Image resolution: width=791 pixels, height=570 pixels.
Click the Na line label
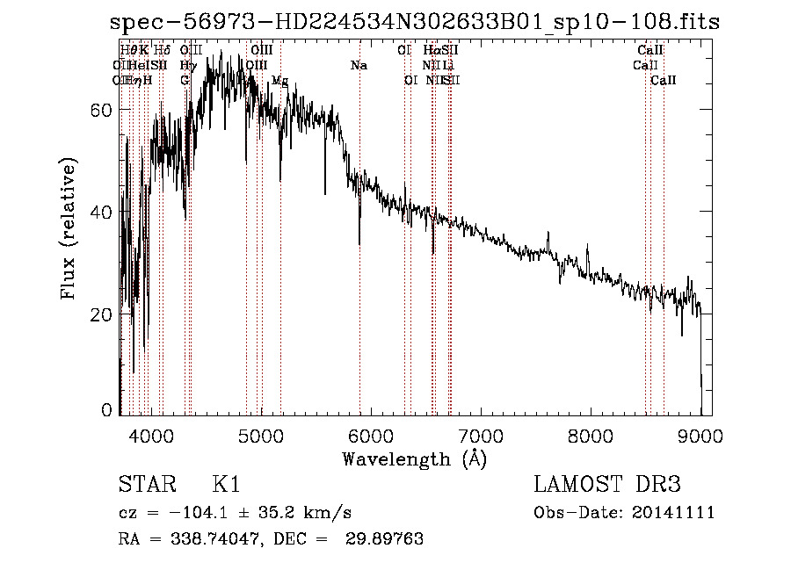click(359, 65)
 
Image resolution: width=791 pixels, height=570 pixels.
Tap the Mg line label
click(279, 80)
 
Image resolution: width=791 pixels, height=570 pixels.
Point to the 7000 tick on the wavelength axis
click(481, 434)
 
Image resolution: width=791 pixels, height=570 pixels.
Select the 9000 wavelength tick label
click(700, 434)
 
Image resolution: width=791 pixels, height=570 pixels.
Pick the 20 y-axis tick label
click(104, 314)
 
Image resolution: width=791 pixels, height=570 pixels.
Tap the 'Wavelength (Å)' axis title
click(414, 458)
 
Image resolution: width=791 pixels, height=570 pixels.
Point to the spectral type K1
click(226, 485)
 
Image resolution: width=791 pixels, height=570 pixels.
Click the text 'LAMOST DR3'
click(607, 485)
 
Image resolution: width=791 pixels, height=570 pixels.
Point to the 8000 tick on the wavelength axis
click(591, 434)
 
